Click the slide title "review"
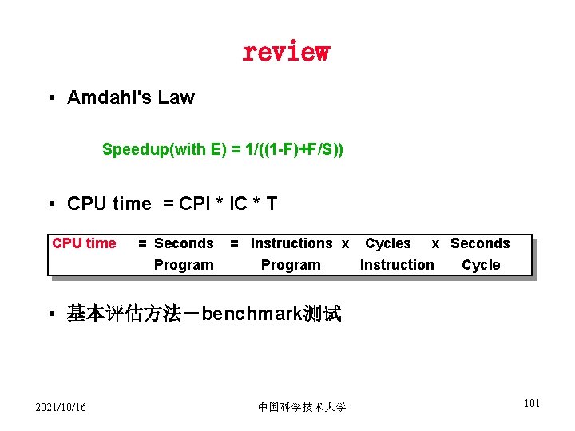285,52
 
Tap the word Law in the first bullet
176,98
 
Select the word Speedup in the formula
130,149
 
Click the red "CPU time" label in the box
84,243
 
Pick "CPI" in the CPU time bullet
197,204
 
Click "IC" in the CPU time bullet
238,204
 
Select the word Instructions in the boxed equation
291,243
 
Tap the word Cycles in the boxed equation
388,243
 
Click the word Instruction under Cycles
397,265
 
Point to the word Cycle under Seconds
481,265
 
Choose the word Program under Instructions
291,265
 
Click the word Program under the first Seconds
184,265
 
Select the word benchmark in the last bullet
251,314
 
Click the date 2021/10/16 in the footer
61,408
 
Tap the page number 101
532,403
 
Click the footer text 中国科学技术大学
302,408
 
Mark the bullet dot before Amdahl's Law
50,99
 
